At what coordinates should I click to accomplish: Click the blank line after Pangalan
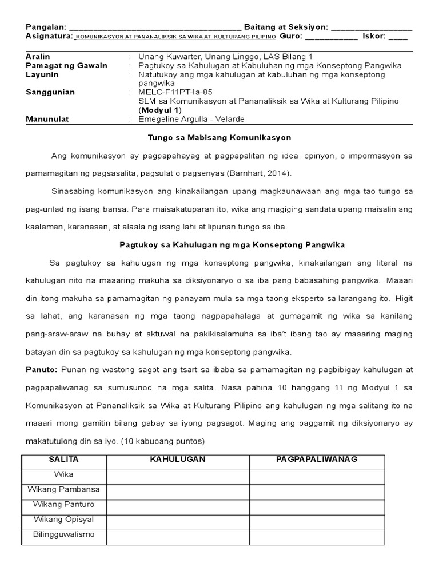pos(155,28)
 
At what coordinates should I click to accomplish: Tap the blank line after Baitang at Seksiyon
pos(371,28)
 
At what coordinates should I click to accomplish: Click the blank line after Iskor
pos(398,37)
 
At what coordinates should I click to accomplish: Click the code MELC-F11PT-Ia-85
pos(171,92)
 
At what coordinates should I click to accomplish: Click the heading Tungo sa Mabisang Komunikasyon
pos(219,138)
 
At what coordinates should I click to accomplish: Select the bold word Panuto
pos(41,369)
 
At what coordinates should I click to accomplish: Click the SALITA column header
pos(63,460)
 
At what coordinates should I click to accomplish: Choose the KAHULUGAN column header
pos(177,460)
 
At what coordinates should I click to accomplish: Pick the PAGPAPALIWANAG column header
pos(316,460)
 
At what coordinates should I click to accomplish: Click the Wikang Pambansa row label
pos(63,490)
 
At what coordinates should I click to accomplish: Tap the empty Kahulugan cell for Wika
pos(177,476)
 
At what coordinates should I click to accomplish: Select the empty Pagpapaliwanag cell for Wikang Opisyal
pos(316,521)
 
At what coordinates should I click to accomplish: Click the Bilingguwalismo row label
pos(63,535)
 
